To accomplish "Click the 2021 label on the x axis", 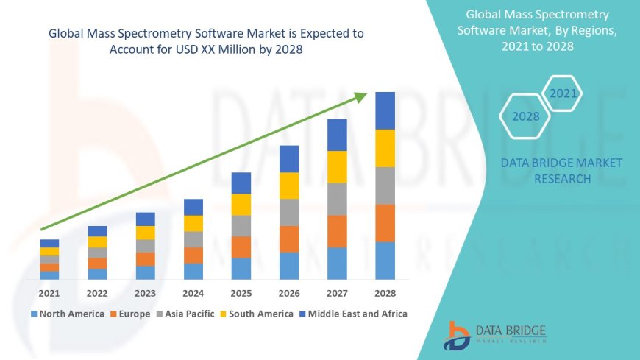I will pyautogui.click(x=49, y=293).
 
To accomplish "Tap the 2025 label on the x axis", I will pyautogui.click(x=241, y=293).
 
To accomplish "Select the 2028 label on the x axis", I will pyautogui.click(x=385, y=293).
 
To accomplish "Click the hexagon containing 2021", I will pyautogui.click(x=563, y=93).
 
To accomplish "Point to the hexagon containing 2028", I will pyautogui.click(x=525, y=116).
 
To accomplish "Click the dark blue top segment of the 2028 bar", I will pyautogui.click(x=385, y=110).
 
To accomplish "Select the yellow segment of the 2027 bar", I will pyautogui.click(x=337, y=166).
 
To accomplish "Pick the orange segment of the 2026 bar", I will pyautogui.click(x=289, y=239).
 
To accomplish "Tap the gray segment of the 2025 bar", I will pyautogui.click(x=241, y=225).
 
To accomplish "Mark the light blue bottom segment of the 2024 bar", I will pyautogui.click(x=193, y=271).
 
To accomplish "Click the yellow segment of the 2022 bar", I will pyautogui.click(x=97, y=241).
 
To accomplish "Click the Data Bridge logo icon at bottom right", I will pyautogui.click(x=458, y=336).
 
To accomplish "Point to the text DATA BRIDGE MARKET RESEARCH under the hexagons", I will pyautogui.click(x=561, y=171).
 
